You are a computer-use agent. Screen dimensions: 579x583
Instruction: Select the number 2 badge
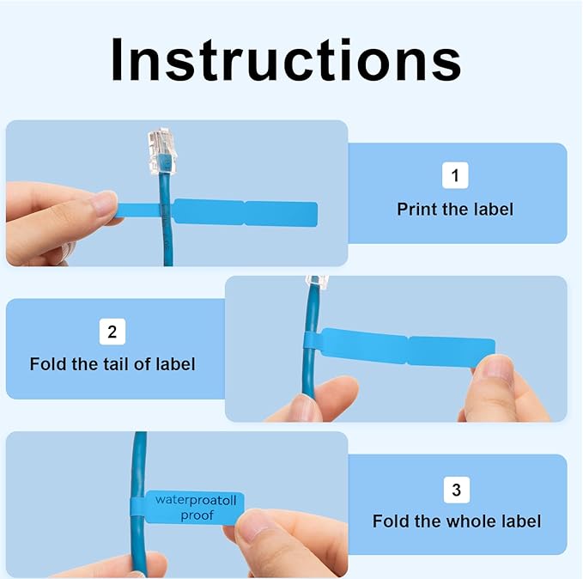pos(112,331)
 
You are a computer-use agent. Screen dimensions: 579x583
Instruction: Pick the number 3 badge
pos(455,490)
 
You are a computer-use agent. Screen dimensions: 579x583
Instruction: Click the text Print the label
pos(456,209)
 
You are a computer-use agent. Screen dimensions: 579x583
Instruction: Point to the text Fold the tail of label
pos(112,364)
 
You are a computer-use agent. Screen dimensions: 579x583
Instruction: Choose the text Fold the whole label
pos(456,521)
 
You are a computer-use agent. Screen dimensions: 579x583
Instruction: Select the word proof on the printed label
pos(197,515)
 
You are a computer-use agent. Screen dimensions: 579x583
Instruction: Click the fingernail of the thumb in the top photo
pos(104,204)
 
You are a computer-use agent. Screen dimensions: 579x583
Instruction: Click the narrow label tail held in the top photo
pos(137,210)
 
